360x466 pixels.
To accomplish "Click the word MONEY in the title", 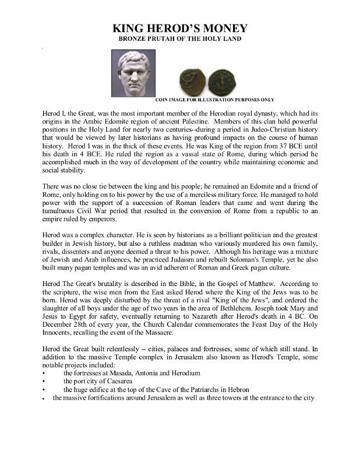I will click(x=218, y=29).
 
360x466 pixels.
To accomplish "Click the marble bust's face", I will click(x=135, y=70).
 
